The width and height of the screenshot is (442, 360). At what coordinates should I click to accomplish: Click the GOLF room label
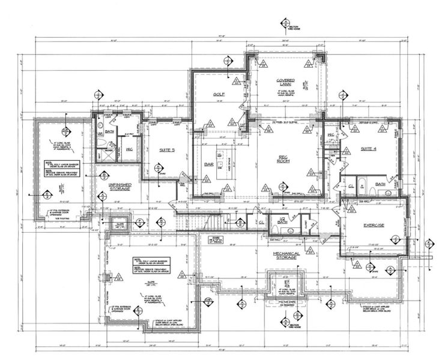pyautogui.click(x=218, y=95)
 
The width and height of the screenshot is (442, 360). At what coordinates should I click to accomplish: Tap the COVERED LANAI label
pyautogui.click(x=285, y=83)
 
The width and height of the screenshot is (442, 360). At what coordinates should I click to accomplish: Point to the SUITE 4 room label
pyautogui.click(x=368, y=148)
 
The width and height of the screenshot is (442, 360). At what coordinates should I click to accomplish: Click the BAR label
pyautogui.click(x=210, y=163)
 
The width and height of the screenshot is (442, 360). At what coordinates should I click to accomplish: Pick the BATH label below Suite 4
pyautogui.click(x=380, y=184)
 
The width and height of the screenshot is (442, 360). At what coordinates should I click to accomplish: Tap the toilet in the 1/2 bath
pyautogui.click(x=273, y=229)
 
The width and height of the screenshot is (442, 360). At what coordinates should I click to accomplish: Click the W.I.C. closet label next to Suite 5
pyautogui.click(x=129, y=149)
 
